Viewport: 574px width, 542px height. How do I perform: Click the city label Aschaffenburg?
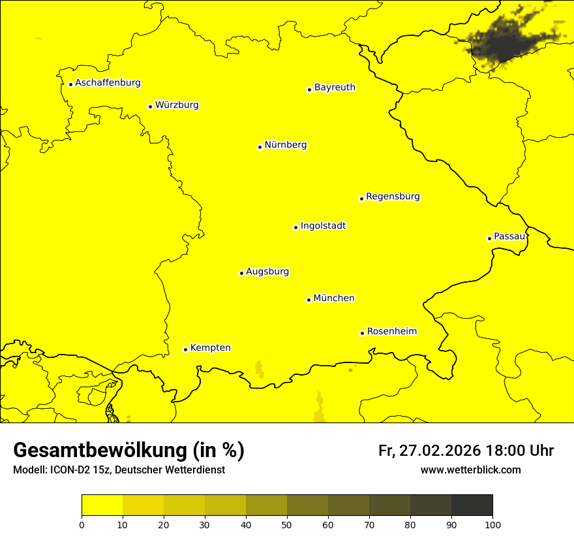(x=108, y=83)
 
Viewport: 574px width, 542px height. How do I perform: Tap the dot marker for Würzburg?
(x=150, y=106)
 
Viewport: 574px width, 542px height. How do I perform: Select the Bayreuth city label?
(x=335, y=87)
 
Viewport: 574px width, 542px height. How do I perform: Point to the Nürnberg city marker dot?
(x=260, y=147)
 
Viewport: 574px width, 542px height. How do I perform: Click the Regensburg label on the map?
(x=393, y=196)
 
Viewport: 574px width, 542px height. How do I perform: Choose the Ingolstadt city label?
(x=323, y=226)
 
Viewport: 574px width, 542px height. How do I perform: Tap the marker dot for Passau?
(x=489, y=238)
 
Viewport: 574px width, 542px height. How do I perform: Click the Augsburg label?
(x=267, y=271)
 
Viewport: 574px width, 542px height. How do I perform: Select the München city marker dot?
(x=309, y=300)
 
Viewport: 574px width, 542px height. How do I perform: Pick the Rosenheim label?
(x=391, y=331)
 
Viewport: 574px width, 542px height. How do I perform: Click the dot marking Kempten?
(x=185, y=349)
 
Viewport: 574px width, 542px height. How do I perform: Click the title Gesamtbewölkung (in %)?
(x=128, y=450)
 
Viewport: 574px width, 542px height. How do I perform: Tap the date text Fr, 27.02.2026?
(x=429, y=451)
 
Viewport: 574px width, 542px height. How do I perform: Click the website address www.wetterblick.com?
(x=470, y=470)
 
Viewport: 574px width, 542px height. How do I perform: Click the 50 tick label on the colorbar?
(x=287, y=524)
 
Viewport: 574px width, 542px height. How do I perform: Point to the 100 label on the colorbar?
(x=492, y=524)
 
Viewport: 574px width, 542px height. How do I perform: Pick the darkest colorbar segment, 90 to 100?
(x=472, y=505)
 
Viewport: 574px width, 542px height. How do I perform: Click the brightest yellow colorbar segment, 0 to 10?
(x=102, y=505)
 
